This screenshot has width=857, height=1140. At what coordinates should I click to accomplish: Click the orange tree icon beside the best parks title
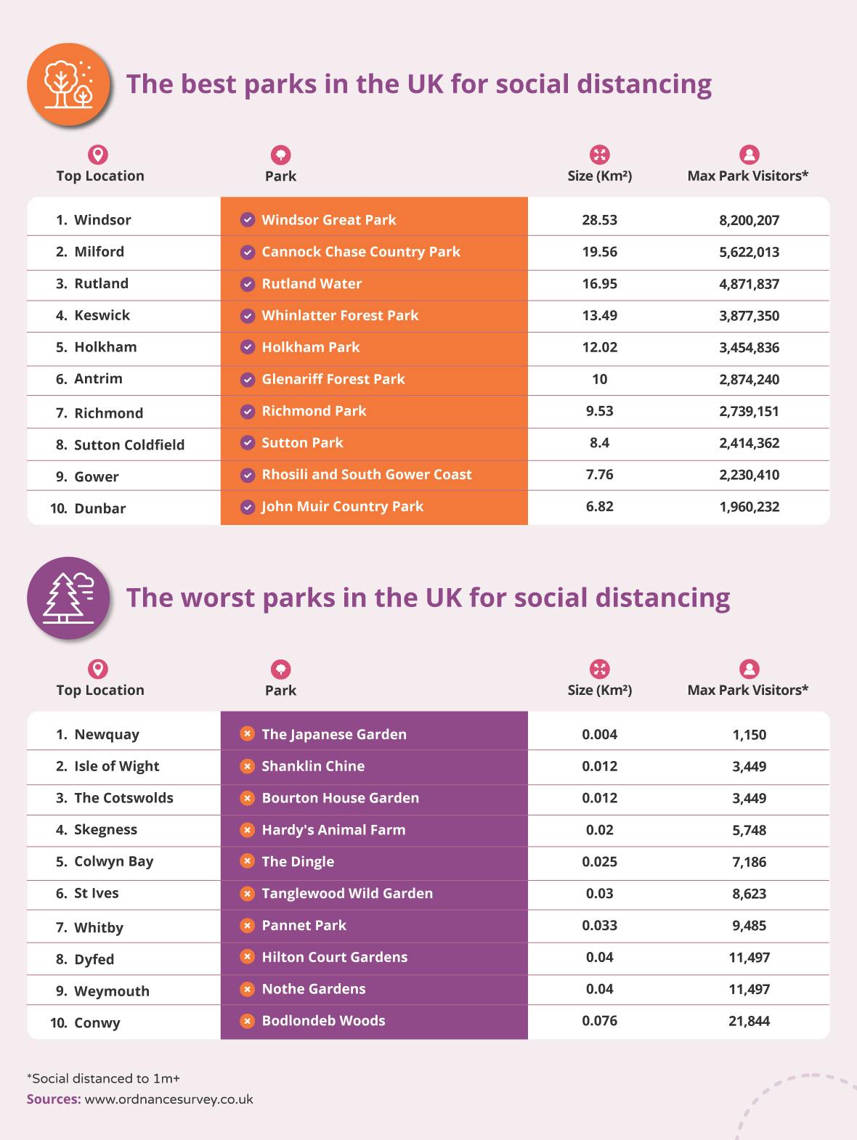tap(68, 84)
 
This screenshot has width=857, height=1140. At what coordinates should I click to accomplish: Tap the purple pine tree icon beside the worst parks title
tap(68, 598)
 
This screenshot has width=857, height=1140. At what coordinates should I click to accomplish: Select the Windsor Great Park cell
tap(328, 220)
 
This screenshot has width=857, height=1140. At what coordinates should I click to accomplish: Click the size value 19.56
tap(599, 252)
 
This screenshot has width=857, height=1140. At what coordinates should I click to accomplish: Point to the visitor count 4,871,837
tap(749, 284)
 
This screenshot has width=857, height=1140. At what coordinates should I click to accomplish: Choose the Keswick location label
tap(102, 315)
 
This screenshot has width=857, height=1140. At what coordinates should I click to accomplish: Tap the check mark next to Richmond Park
tap(248, 412)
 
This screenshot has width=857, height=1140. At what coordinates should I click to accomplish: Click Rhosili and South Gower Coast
tap(366, 475)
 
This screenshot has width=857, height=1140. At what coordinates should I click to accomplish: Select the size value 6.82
tap(599, 507)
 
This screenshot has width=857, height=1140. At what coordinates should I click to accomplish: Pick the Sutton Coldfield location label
tap(129, 445)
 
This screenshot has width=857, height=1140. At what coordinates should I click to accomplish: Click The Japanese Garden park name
tap(333, 734)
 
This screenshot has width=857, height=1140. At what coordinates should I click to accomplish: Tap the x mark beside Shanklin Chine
tap(248, 766)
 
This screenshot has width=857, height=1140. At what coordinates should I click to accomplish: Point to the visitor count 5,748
tap(749, 830)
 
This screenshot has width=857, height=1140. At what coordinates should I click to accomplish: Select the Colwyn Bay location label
tap(113, 862)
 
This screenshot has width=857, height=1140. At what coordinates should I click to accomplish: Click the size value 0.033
tap(599, 926)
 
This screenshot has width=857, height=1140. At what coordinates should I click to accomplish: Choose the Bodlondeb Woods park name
tap(323, 1021)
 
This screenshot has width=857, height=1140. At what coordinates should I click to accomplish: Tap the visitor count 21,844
tap(749, 1021)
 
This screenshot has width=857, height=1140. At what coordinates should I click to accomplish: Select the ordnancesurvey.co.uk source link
tap(168, 1099)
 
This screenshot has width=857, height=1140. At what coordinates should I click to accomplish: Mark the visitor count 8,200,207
tap(749, 220)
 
